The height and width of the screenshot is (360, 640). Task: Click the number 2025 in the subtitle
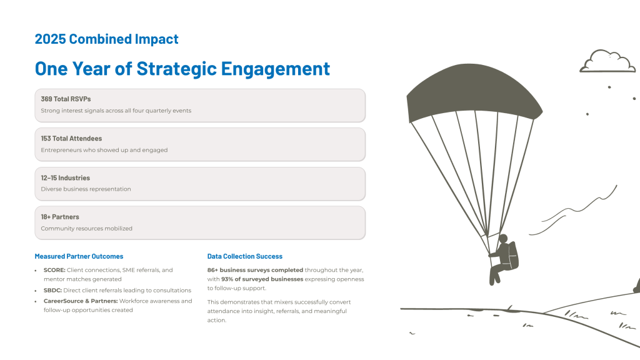[x=50, y=39]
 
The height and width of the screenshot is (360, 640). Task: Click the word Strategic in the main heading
[x=177, y=69]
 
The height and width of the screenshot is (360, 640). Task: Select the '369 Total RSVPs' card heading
[x=66, y=99]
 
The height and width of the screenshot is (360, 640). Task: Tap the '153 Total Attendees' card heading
[x=71, y=139]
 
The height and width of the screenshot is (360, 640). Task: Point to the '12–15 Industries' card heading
[x=65, y=178]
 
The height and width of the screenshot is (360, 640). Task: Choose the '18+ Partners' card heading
[x=60, y=217]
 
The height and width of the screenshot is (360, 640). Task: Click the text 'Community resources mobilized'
[x=86, y=229]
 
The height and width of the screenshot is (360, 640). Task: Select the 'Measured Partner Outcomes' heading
[x=79, y=256]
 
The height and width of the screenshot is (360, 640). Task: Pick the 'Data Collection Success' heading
[x=245, y=256]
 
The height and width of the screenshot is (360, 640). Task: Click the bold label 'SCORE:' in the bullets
[x=54, y=270]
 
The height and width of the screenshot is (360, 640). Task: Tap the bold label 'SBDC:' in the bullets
[x=52, y=290]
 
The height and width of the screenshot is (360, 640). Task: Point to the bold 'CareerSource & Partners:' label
[x=81, y=301]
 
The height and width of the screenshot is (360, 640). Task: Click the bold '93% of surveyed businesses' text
[x=262, y=279]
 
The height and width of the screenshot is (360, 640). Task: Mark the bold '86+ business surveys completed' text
[x=255, y=270]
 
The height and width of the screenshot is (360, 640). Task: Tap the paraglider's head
[x=503, y=239]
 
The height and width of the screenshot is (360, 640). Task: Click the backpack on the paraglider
[x=512, y=256]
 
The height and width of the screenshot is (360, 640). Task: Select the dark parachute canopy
[x=474, y=92]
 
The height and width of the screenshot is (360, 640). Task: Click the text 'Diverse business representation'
[x=86, y=189]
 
